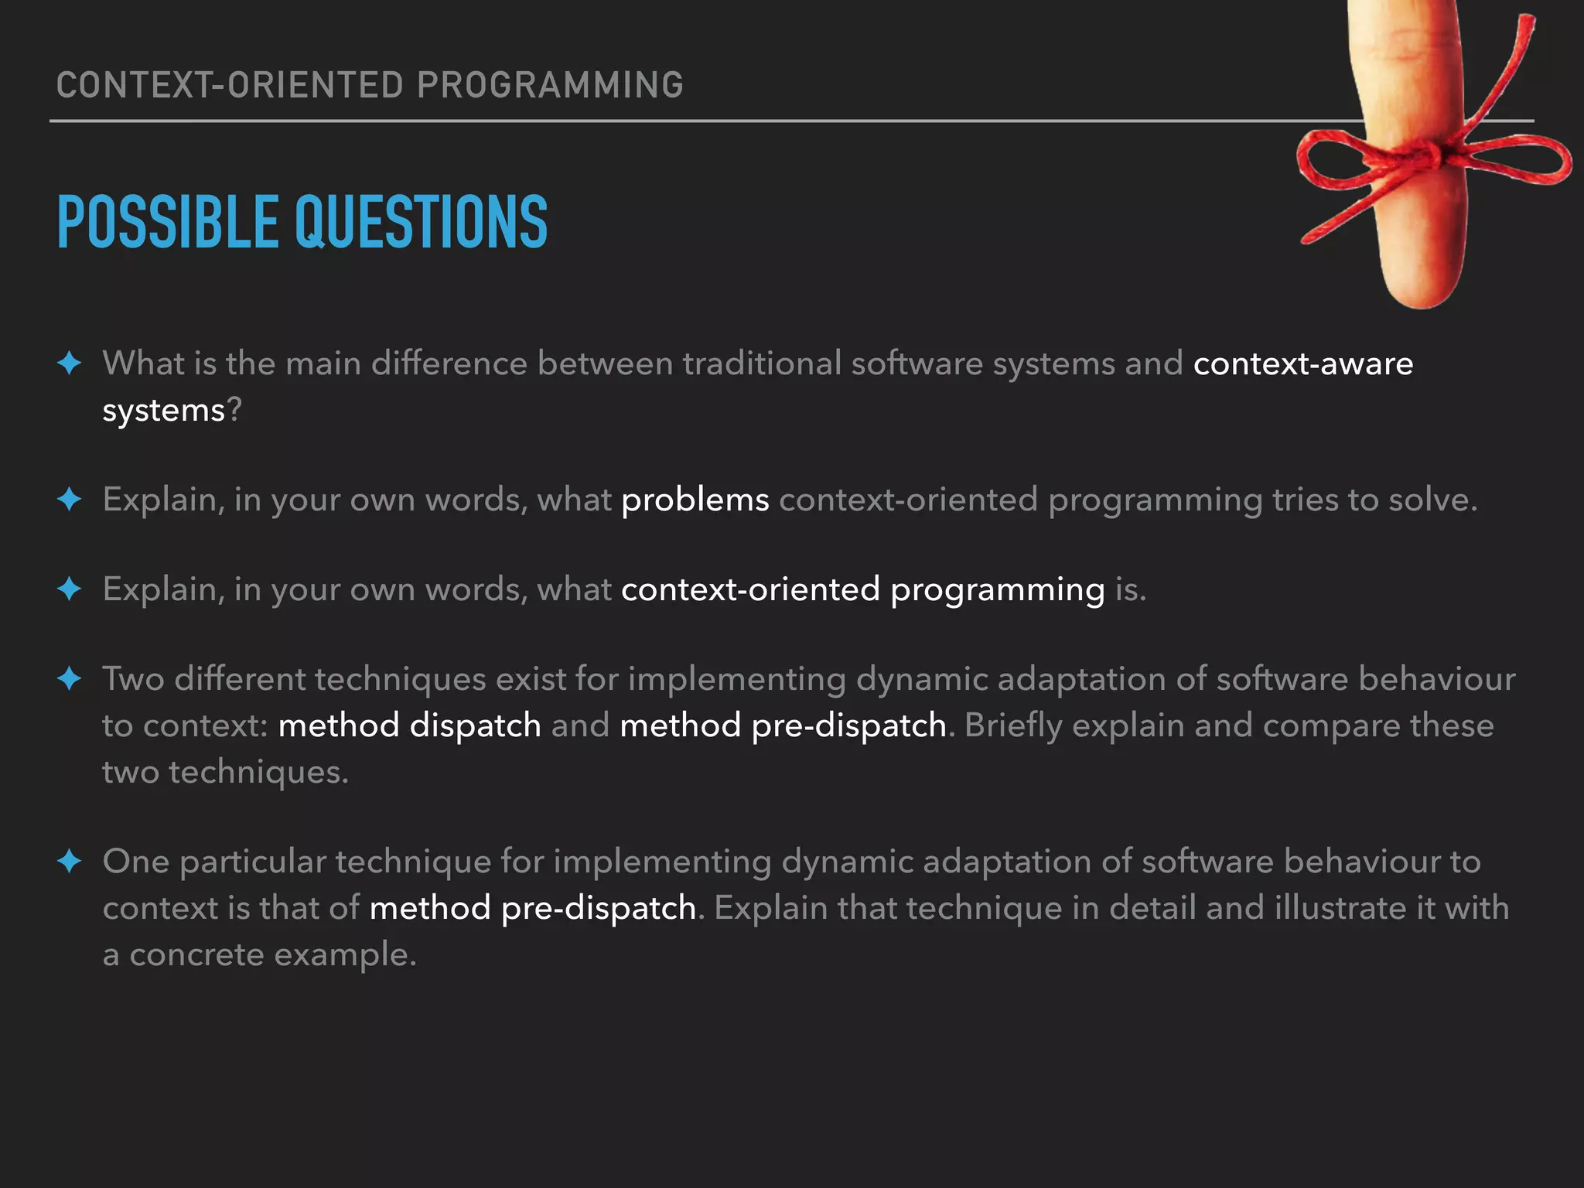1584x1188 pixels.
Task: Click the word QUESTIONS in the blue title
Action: click(421, 223)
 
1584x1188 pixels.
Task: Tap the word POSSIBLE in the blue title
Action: click(167, 223)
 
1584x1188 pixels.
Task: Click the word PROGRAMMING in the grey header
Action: click(550, 85)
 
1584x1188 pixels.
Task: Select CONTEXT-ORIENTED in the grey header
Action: click(230, 85)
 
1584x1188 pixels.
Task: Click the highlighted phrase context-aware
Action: click(1302, 364)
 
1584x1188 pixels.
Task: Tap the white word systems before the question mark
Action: click(163, 410)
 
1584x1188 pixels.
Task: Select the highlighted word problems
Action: click(695, 500)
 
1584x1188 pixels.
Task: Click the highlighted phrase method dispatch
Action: click(409, 725)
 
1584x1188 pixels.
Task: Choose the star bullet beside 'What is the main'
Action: click(70, 363)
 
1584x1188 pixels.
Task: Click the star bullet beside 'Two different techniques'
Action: click(70, 678)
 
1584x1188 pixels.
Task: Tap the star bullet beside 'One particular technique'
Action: click(70, 861)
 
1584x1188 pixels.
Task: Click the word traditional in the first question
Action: click(761, 364)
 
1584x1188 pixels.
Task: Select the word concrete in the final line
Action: click(196, 954)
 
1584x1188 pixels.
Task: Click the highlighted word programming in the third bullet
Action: click(997, 589)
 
